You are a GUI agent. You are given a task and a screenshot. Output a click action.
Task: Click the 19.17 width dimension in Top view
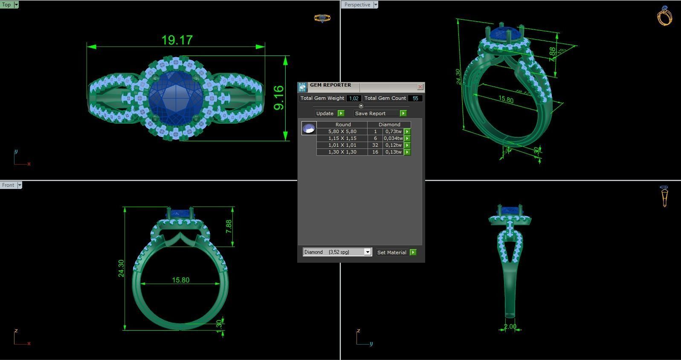click(177, 40)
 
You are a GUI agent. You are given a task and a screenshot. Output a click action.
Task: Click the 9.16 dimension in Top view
click(278, 98)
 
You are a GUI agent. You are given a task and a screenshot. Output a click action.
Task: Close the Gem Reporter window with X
click(420, 87)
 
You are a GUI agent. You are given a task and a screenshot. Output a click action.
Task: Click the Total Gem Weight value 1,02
click(354, 98)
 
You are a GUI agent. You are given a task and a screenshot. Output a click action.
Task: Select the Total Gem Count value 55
click(415, 98)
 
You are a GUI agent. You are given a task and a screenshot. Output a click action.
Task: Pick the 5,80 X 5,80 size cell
click(342, 131)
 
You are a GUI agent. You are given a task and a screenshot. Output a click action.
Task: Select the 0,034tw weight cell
click(393, 138)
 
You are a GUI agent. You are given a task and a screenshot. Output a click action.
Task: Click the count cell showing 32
click(375, 145)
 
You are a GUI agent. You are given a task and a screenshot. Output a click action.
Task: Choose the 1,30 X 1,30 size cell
click(342, 152)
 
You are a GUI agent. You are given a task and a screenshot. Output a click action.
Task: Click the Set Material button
click(392, 253)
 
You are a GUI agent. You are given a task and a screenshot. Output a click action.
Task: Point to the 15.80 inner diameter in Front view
click(180, 280)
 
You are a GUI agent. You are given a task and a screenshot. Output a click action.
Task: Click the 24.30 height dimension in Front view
click(121, 268)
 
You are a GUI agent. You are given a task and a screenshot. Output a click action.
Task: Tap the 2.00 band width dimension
click(510, 327)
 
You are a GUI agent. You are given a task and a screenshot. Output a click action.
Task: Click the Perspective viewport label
click(357, 5)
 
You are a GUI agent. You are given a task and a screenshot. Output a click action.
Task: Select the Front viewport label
click(8, 185)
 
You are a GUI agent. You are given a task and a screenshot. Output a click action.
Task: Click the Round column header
click(343, 125)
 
